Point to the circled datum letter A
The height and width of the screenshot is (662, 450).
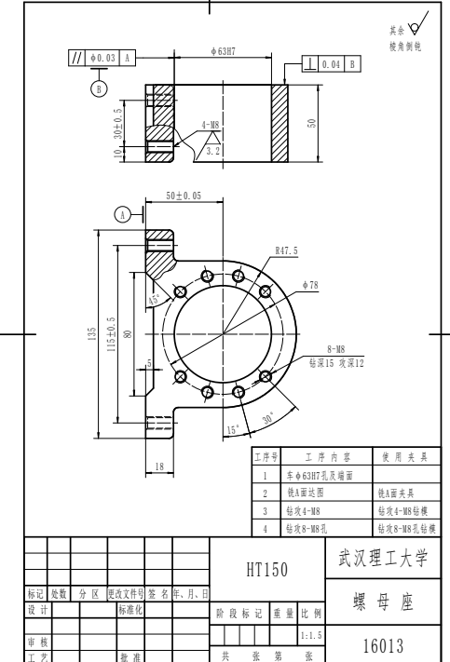point(122,213)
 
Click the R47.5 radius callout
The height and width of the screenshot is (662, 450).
point(286,250)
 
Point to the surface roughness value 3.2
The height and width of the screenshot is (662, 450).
point(211,149)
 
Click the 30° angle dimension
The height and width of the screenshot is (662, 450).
point(269,418)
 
